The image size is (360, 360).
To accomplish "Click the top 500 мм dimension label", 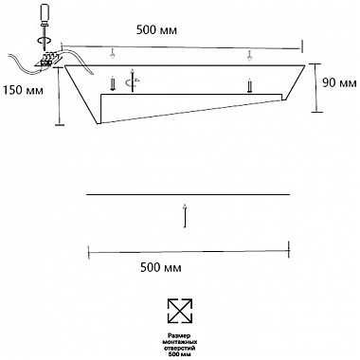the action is (x=156, y=30).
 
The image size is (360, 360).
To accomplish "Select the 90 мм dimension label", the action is (x=339, y=82).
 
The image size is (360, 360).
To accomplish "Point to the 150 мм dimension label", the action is (x=23, y=90).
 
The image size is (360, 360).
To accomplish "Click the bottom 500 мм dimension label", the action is (x=161, y=268).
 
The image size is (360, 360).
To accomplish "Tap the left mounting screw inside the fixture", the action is (x=112, y=83).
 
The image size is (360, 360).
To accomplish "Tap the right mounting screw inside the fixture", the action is (x=249, y=85).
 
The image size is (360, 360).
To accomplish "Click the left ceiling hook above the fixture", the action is (x=112, y=54).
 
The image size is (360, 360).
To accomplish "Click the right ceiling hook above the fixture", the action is (x=249, y=56).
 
